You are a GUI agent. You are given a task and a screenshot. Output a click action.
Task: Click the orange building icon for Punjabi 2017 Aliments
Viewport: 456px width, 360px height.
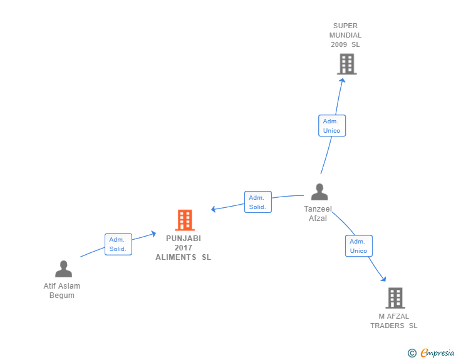pos(185,220)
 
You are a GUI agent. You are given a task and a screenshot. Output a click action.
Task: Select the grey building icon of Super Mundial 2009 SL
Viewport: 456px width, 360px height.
pos(347,64)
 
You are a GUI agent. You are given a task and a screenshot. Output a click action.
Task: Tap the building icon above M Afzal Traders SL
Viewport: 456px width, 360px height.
pos(395,298)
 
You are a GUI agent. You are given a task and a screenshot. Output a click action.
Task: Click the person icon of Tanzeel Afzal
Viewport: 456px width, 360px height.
pos(319,192)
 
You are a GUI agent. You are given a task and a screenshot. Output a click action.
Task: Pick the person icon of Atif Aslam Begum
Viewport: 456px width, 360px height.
pos(63,269)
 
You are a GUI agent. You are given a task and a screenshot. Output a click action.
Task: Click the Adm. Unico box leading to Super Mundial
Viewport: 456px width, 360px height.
pos(332,126)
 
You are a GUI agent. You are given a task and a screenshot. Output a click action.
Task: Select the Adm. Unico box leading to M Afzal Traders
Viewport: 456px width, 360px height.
pos(359,246)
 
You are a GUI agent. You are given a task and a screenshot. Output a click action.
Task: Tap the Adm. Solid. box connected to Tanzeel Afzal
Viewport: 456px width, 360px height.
pos(258,202)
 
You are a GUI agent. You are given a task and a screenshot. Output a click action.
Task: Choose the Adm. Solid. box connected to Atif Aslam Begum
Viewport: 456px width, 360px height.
pos(118,244)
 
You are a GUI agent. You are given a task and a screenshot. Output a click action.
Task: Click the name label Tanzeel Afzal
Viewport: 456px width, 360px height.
pos(318,213)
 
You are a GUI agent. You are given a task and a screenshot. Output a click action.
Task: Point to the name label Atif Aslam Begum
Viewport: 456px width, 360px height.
pos(62,291)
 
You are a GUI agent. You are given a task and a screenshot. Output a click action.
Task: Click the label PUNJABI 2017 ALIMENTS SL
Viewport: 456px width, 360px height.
pos(184,248)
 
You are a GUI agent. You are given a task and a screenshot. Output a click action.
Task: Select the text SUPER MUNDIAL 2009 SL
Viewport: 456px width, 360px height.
pos(346,35)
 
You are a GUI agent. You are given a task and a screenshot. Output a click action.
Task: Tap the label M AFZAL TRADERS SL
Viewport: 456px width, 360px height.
pos(394,321)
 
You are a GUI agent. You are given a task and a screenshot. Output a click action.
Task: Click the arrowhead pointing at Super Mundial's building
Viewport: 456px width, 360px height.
pos(343,81)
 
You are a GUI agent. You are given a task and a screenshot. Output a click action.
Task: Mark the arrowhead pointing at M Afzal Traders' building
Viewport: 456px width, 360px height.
pos(383,279)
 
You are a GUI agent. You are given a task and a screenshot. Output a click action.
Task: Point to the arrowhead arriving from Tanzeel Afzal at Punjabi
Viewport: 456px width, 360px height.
pos(214,208)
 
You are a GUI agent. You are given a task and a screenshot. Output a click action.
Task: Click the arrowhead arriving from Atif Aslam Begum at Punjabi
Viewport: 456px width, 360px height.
pos(153,234)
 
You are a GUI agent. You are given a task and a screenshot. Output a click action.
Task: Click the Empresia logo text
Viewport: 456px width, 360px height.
pos(437,352)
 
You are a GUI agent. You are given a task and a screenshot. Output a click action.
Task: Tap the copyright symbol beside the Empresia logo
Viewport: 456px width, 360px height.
pos(412,353)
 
